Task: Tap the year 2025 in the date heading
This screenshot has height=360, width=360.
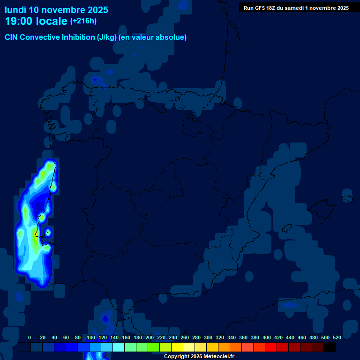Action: [97, 10]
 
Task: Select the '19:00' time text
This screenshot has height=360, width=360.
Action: [19, 21]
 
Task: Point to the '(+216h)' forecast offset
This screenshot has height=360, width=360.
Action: [83, 21]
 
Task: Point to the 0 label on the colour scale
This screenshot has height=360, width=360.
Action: [30, 337]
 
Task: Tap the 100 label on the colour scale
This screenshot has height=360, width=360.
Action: [90, 337]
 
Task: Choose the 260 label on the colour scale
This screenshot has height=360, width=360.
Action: [184, 337]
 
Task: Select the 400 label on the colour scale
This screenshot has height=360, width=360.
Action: [266, 337]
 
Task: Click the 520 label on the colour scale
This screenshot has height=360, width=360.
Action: [337, 337]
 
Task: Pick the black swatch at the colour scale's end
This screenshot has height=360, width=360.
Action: [330, 347]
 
